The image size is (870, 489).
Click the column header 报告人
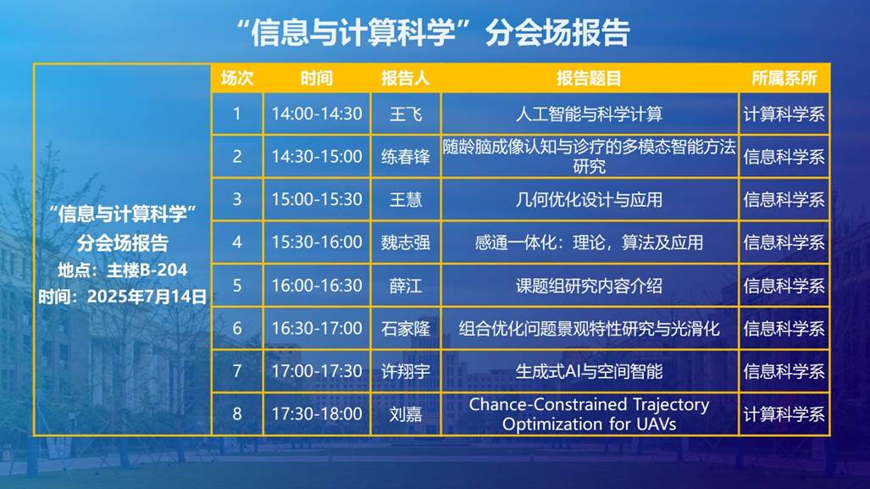tap(405, 78)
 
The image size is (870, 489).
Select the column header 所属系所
tap(784, 78)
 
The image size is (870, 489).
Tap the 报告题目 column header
tap(589, 78)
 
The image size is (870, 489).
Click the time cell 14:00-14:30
tap(317, 114)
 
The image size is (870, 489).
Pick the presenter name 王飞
tap(406, 114)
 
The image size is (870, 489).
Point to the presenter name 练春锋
tap(406, 157)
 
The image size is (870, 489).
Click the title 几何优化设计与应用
tap(589, 200)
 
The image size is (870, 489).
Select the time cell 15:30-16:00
tap(317, 242)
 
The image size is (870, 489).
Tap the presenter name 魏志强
tap(406, 242)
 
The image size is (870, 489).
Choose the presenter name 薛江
tap(406, 286)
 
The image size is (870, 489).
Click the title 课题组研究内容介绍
tap(589, 286)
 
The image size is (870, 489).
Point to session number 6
tap(237, 328)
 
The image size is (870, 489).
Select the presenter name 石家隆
tap(406, 329)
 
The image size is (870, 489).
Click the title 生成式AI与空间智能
tap(589, 371)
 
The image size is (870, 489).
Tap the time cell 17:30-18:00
tap(317, 414)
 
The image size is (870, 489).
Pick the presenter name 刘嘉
tap(406, 414)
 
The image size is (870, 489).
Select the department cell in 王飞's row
tap(784, 114)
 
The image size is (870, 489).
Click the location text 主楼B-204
tap(147, 270)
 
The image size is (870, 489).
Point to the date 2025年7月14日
tap(147, 297)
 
